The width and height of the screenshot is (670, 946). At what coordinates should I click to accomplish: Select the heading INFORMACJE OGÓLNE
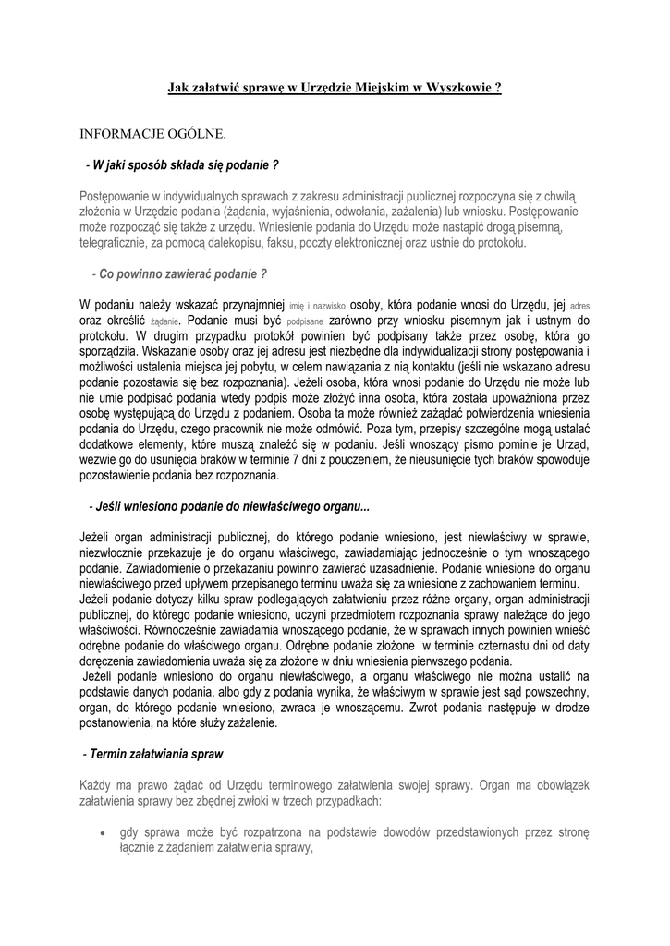[152, 135]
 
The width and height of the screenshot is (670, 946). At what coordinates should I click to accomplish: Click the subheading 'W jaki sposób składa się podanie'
[182, 165]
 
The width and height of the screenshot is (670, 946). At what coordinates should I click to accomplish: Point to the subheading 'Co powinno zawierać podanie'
[183, 274]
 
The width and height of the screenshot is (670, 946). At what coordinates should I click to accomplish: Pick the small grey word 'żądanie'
[163, 321]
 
